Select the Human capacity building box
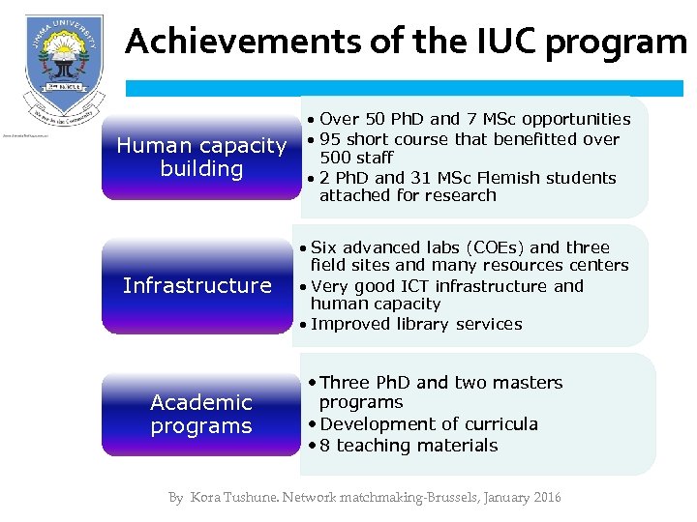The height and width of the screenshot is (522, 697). (x=201, y=158)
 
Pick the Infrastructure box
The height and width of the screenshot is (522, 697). (x=197, y=285)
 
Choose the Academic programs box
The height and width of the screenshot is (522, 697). (x=201, y=415)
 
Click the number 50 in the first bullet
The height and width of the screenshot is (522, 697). (x=377, y=119)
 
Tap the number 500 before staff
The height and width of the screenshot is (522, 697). (x=336, y=158)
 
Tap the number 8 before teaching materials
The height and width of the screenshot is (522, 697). (x=325, y=446)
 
